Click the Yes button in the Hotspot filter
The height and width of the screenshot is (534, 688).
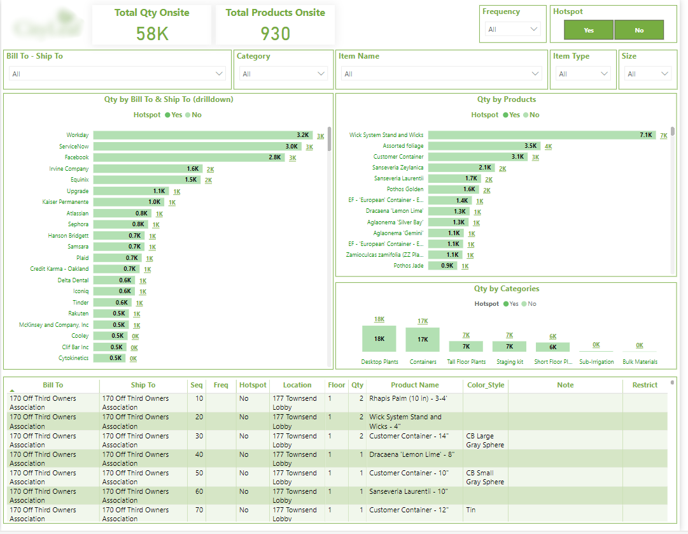coord(589,30)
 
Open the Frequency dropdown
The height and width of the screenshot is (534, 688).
coord(513,29)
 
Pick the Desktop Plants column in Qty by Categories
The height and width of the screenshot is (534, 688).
coord(379,339)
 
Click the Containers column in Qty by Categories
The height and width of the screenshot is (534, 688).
coord(423,340)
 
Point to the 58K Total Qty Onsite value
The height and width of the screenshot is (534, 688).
coord(152,34)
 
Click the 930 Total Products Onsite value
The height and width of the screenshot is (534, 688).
coord(275,34)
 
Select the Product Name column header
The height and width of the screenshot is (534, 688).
coord(414,385)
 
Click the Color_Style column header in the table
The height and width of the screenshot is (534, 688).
coord(485,385)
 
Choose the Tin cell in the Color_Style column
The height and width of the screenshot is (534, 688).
coord(472,510)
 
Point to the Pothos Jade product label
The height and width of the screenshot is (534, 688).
coord(408,266)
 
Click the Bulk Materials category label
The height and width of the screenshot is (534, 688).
coord(640,362)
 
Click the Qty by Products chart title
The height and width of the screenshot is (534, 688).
coord(506,99)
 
